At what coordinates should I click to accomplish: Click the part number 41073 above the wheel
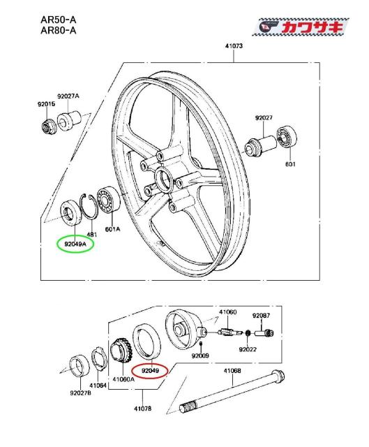point(234,46)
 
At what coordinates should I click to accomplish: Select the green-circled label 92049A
point(75,244)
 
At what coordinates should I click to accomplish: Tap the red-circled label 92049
point(150,371)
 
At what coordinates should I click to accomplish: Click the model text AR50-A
point(59,20)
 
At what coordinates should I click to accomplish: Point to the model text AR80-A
point(59,30)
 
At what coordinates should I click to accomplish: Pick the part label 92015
point(47,104)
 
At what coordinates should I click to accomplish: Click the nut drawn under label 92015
point(47,126)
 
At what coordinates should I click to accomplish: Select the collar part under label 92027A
point(69,122)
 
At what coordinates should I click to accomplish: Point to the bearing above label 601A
point(109,200)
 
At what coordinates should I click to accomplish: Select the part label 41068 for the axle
point(232,371)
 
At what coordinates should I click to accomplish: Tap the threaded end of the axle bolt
point(188,406)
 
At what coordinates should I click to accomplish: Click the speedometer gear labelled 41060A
point(119,351)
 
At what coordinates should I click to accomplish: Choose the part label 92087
point(261,316)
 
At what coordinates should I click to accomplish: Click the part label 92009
point(200,356)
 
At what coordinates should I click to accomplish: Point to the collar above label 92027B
point(80,365)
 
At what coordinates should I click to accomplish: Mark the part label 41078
point(142,409)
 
